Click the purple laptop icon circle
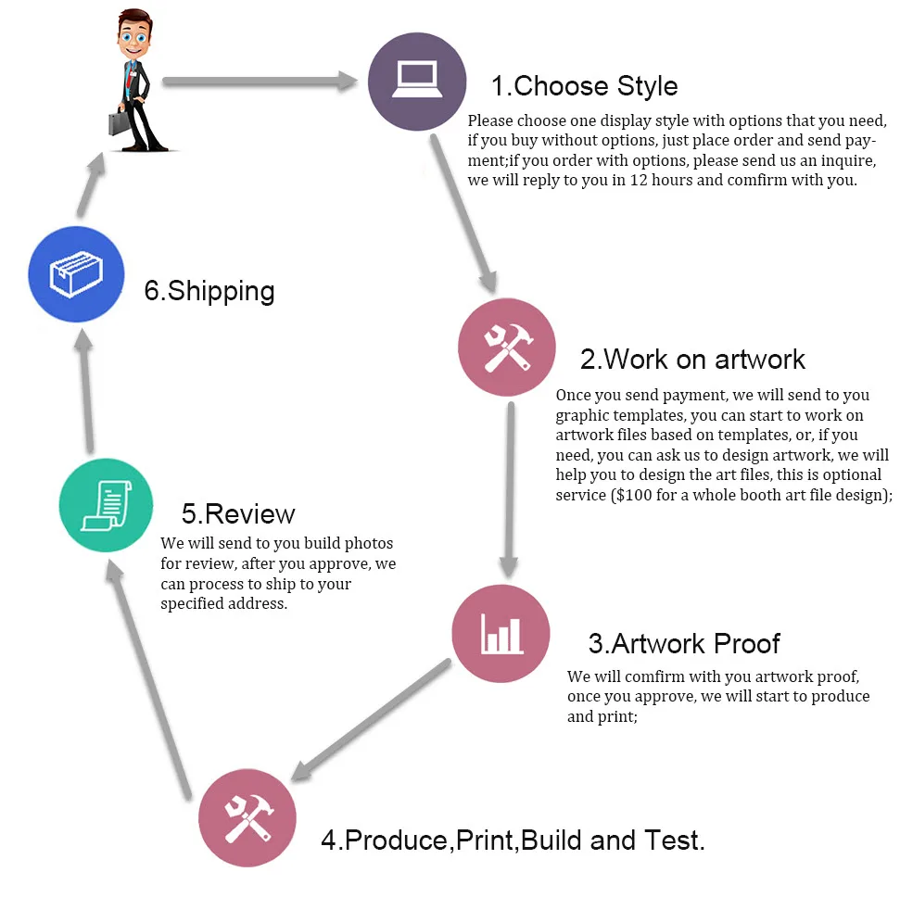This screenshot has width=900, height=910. click(416, 82)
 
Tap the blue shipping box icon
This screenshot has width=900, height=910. click(76, 274)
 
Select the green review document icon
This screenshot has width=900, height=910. click(106, 505)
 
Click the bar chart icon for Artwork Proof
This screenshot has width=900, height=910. click(501, 634)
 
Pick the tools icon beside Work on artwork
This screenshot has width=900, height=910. click(507, 348)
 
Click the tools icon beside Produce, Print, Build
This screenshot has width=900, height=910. click(247, 818)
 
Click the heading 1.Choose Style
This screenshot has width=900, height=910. click(584, 86)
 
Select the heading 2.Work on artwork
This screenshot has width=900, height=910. click(692, 359)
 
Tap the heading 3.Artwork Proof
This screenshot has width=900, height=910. click(684, 643)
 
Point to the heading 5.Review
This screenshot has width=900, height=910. click(238, 513)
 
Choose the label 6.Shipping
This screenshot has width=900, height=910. click(209, 291)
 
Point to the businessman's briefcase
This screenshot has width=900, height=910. click(121, 123)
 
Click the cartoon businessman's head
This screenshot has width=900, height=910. click(135, 32)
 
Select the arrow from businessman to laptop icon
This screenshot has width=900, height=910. click(260, 82)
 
